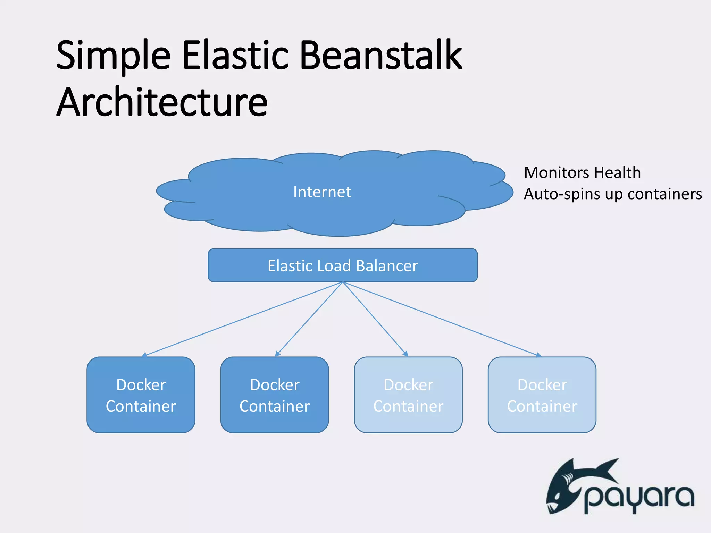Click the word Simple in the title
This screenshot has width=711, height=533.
point(113,56)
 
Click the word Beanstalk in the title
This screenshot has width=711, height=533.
point(380,56)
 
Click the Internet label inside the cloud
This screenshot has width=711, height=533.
point(322,192)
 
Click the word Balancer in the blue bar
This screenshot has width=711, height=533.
point(387,266)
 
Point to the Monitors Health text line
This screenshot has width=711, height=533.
point(582,172)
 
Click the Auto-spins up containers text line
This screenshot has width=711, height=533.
point(613,194)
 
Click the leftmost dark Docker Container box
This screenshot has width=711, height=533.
point(141,395)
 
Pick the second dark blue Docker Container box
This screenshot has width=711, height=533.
point(274,395)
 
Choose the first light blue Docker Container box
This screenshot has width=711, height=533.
point(408,395)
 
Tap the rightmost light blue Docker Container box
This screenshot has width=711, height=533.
point(542,395)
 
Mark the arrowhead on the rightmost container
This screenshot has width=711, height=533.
point(538,355)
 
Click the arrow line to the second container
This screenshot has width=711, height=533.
point(309,319)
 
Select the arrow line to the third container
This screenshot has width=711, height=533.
point(375,319)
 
